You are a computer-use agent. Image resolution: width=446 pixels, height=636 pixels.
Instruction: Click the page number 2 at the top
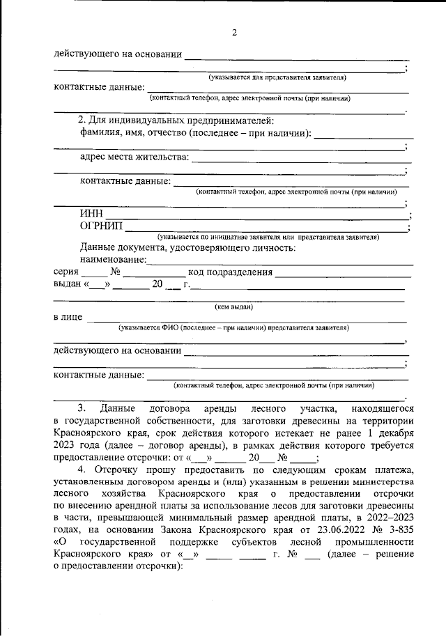click(x=234, y=33)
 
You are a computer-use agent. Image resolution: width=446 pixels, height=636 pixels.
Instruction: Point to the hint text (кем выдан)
click(x=233, y=307)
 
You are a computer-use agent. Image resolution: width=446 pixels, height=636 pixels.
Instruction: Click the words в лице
click(x=68, y=318)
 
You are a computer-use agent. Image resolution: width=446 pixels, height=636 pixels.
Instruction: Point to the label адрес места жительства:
click(x=134, y=157)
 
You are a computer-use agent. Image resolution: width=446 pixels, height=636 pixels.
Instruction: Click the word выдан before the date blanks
click(x=67, y=284)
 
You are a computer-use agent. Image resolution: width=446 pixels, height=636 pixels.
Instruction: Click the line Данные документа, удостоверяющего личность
click(x=188, y=247)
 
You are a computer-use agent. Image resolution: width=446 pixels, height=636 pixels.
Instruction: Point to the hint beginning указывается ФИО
click(x=233, y=327)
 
